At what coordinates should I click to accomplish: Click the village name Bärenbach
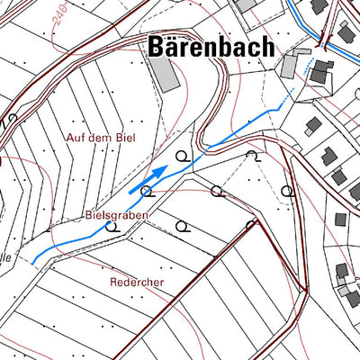(x=210, y=46)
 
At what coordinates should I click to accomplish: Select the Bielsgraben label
(x=116, y=217)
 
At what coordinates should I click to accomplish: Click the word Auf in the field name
(x=76, y=137)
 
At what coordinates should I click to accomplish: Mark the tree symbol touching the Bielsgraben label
(x=112, y=226)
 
